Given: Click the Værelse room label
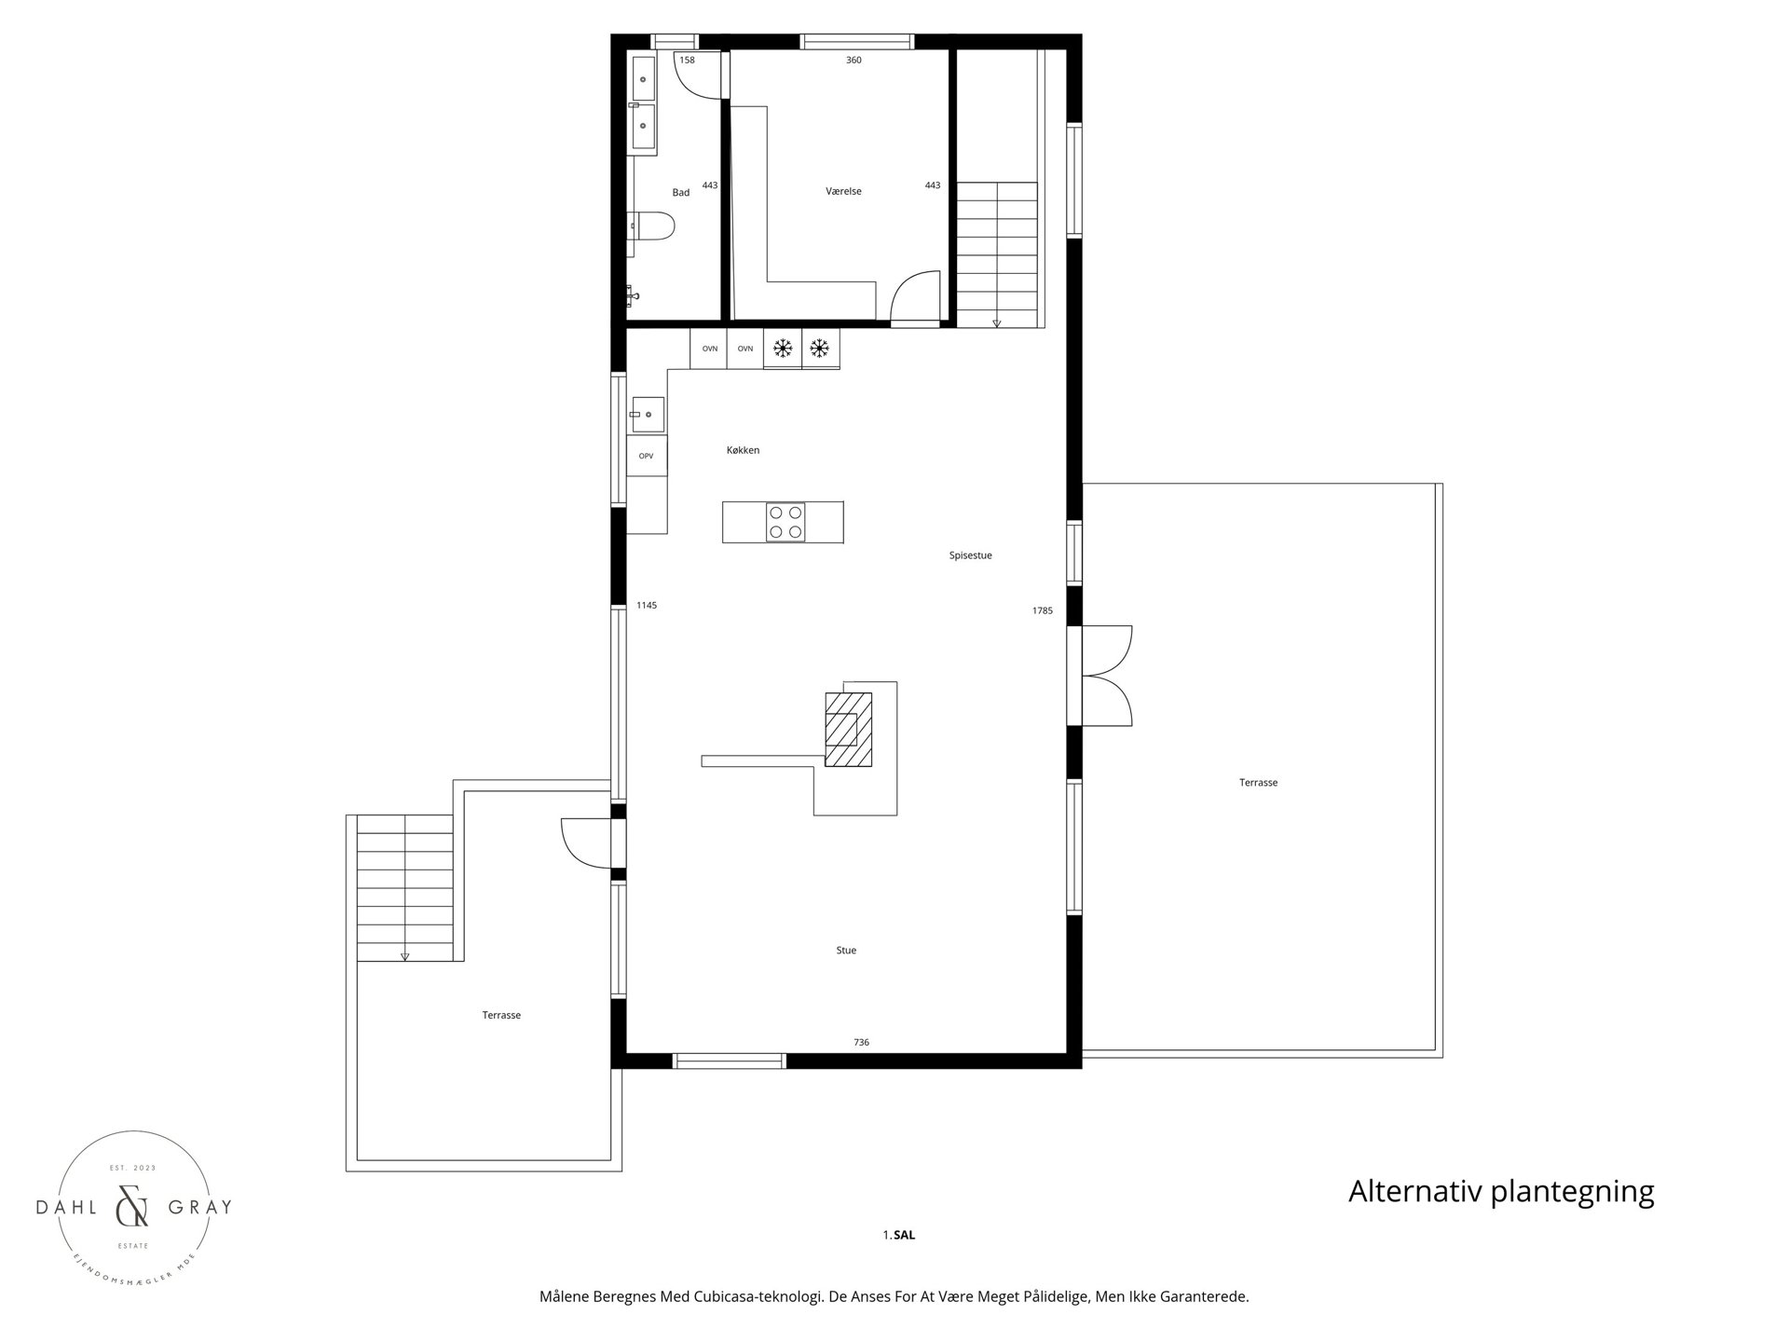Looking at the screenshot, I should [843, 192].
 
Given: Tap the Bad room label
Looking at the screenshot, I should [681, 193].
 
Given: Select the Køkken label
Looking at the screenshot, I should [743, 451].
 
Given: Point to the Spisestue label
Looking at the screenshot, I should [970, 555].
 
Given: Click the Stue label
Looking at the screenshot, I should [845, 951].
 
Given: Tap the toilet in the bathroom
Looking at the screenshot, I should [653, 226].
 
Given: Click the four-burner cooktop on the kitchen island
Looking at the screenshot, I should [785, 522].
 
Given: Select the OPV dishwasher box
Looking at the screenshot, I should [646, 457].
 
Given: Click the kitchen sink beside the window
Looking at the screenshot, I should [647, 414].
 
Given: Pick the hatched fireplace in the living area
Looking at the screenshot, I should [848, 729].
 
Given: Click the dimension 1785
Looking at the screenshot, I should [1042, 611].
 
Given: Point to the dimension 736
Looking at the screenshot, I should [861, 1043].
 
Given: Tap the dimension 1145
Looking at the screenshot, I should [647, 606].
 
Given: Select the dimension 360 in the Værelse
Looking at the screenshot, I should [854, 61].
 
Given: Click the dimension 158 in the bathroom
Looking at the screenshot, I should [687, 61].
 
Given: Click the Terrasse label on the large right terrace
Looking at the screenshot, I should [1258, 783].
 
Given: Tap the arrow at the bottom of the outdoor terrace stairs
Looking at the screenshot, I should [405, 956].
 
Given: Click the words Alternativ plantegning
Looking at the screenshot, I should [1500, 1192].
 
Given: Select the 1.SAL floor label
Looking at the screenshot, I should [899, 1236].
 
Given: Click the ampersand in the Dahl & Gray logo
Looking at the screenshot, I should [131, 1208].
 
